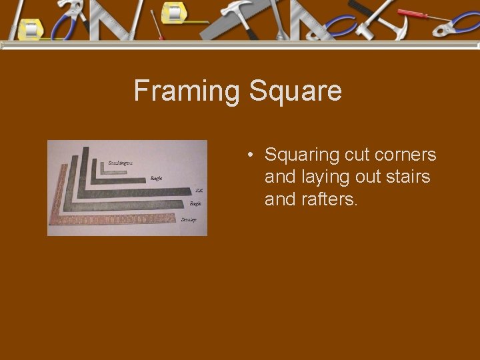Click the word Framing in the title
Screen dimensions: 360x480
click(x=188, y=91)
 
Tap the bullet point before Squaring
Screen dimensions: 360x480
click(x=249, y=156)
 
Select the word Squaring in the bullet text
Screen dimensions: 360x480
click(x=302, y=156)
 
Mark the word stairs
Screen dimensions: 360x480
click(x=408, y=177)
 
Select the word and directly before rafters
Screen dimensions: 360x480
click(x=280, y=199)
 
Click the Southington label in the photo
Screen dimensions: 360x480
click(x=120, y=163)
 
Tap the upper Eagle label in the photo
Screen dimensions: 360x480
click(x=157, y=179)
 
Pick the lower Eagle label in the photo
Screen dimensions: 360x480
click(x=195, y=203)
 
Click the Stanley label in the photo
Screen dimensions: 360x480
click(x=189, y=219)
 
